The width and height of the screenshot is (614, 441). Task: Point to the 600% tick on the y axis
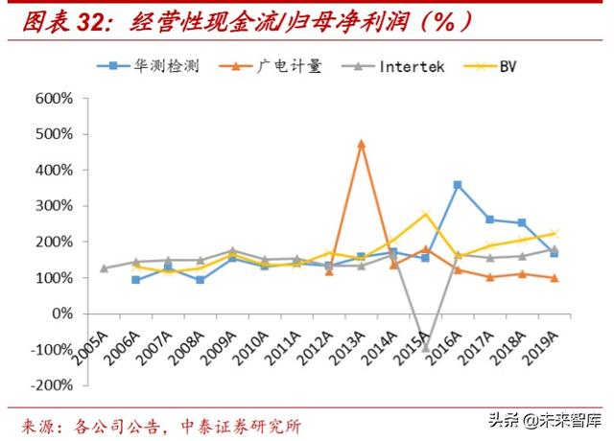[56, 98]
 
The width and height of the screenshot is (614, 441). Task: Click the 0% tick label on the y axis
[62, 313]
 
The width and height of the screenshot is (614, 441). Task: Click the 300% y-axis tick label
[56, 206]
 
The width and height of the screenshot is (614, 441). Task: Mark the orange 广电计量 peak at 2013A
[362, 144]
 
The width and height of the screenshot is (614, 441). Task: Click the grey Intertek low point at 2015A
[426, 347]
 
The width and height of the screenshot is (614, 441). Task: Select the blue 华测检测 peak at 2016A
[458, 185]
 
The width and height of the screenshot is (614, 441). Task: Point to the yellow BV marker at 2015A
[426, 214]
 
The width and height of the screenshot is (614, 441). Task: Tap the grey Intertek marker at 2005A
[104, 268]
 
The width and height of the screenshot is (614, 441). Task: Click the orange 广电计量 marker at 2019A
[555, 278]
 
